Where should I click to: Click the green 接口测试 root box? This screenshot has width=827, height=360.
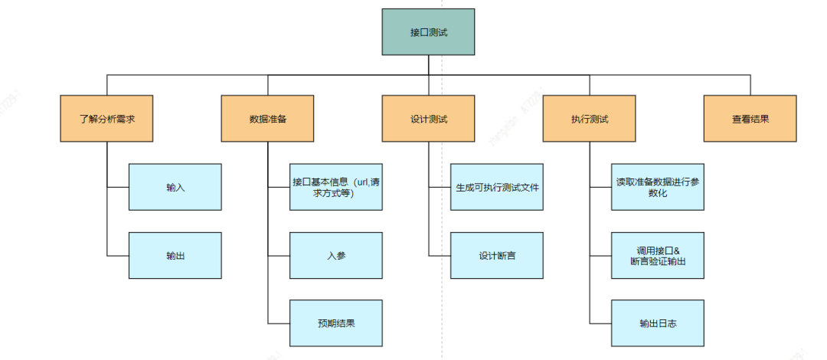tap(428, 31)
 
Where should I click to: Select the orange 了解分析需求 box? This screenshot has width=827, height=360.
tap(106, 119)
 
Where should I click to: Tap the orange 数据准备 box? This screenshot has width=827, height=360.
tap(267, 119)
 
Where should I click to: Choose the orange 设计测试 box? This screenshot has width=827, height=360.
tap(428, 119)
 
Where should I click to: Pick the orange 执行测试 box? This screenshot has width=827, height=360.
tap(589, 119)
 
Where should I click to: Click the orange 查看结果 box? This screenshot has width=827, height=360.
tap(750, 119)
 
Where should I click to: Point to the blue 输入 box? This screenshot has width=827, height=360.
tap(175, 187)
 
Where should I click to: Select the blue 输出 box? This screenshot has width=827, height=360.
tap(175, 256)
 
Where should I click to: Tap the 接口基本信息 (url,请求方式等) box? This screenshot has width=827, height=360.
tap(336, 187)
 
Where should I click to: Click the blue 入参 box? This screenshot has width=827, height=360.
tap(336, 256)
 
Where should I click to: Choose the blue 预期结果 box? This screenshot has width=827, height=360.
tap(336, 322)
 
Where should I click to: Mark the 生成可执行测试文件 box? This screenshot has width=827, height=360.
tap(497, 187)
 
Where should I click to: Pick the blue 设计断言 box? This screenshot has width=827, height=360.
tap(497, 256)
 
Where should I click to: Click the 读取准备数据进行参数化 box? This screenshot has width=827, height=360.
tap(658, 187)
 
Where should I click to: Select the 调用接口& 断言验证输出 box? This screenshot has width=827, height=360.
tap(658, 256)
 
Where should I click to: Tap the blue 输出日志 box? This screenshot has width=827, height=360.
tap(658, 322)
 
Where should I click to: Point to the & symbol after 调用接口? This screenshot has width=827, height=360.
tap(676, 250)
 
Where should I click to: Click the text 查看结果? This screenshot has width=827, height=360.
tap(750, 119)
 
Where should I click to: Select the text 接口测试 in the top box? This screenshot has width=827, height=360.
tap(428, 32)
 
